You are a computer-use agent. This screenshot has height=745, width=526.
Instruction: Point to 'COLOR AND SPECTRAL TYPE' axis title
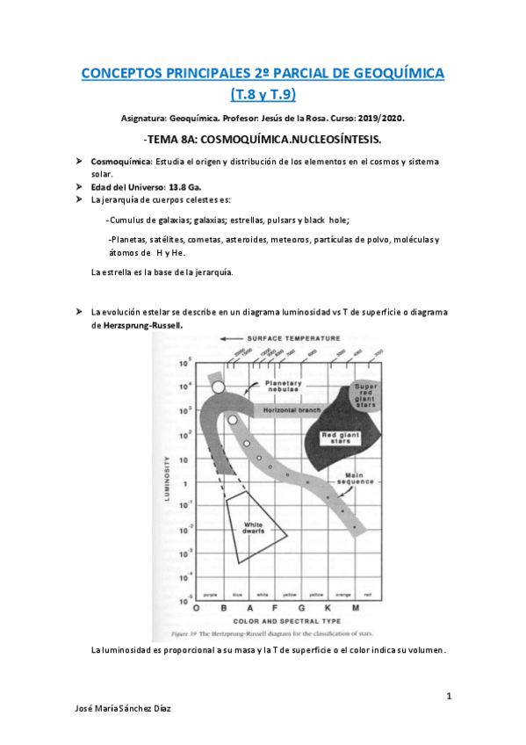click(275, 621)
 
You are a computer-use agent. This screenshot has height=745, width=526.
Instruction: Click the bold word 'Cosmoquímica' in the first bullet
click(122, 162)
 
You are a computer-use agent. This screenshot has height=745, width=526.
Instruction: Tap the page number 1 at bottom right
click(448, 697)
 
